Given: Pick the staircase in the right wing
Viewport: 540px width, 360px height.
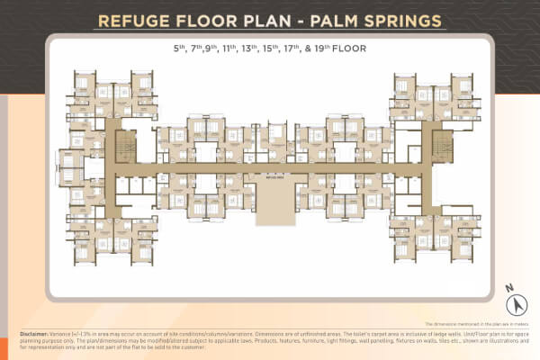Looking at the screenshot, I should (439, 146).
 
